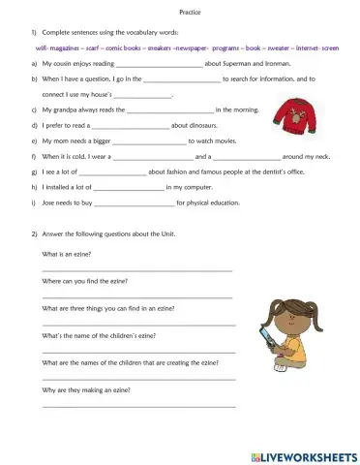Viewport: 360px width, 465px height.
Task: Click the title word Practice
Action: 180,13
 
